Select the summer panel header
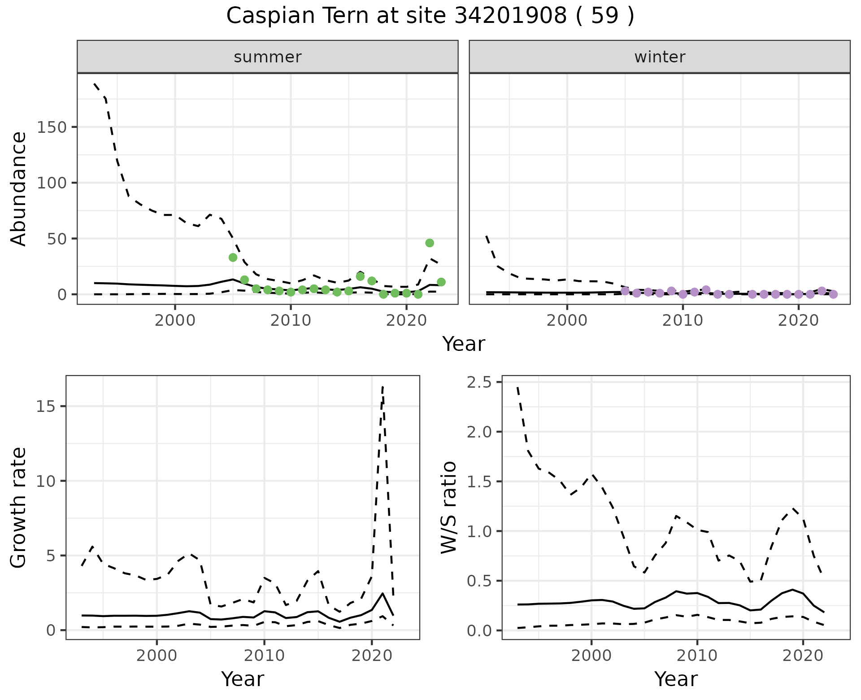coord(267,57)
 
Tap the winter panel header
coord(659,57)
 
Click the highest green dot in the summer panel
coord(430,243)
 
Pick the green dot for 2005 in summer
coord(233,257)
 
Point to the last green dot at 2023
coord(441,282)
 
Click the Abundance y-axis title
coord(18,188)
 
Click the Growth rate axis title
coord(18,507)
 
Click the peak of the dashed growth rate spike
coord(383,386)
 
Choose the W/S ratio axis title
coord(448,507)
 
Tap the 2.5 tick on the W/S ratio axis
coord(479,382)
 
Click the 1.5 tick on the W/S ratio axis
coord(479,481)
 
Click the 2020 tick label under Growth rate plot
coord(371,656)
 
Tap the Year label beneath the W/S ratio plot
coord(676,679)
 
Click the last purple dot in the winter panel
coord(833,294)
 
